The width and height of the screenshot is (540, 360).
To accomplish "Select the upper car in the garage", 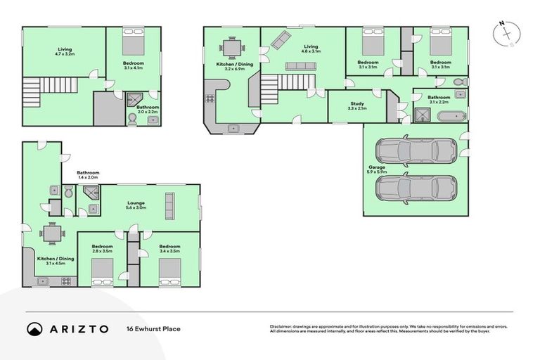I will pos(416,150).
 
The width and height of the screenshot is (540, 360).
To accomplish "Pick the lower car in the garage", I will pos(416,188).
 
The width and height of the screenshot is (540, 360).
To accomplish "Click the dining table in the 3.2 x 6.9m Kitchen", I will pos(231,48).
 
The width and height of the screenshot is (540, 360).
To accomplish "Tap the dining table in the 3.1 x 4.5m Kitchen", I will pos(51,233).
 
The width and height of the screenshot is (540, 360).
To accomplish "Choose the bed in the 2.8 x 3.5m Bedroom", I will pos(102,270).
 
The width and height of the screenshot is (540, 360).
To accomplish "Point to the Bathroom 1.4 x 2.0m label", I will pos(88,175).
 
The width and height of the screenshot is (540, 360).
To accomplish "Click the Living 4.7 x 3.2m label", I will pos(65,51).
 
